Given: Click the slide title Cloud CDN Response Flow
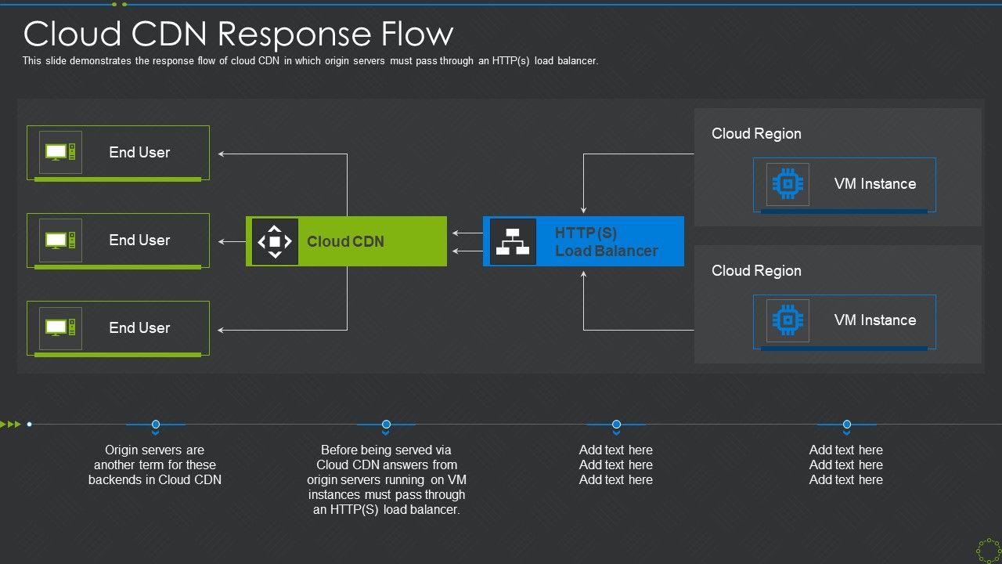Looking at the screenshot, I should pyautogui.click(x=238, y=34).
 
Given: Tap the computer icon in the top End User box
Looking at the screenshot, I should pyautogui.click(x=60, y=152).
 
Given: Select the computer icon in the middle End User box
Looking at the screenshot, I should pyautogui.click(x=60, y=240).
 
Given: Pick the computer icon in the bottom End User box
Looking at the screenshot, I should pyautogui.click(x=60, y=327).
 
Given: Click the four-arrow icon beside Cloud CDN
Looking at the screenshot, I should pyautogui.click(x=275, y=241).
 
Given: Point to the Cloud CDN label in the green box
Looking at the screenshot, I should pyautogui.click(x=345, y=241).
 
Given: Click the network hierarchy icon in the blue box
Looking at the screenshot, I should pyautogui.click(x=513, y=241).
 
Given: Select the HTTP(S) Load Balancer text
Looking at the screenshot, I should pyautogui.click(x=606, y=241).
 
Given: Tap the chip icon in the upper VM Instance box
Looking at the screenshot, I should pyautogui.click(x=788, y=184).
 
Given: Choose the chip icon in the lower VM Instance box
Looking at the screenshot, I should pyautogui.click(x=788, y=320).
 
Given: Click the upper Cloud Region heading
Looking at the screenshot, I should pyautogui.click(x=756, y=134).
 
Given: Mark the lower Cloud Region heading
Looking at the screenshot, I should pyautogui.click(x=756, y=271).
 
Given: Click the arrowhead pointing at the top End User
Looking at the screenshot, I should pyautogui.click(x=222, y=154).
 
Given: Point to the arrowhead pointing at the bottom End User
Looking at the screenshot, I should pyautogui.click(x=222, y=330).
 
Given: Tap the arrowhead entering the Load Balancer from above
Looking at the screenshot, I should pyautogui.click(x=583, y=210).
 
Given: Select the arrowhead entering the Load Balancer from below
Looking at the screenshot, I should pyautogui.click(x=583, y=273).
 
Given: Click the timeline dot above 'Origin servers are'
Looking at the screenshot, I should pyautogui.click(x=156, y=425).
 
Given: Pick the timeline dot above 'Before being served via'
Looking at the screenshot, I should pyautogui.click(x=386, y=425).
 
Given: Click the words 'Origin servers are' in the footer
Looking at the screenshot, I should pyautogui.click(x=154, y=450).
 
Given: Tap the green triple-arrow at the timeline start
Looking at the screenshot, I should pyautogui.click(x=11, y=425).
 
